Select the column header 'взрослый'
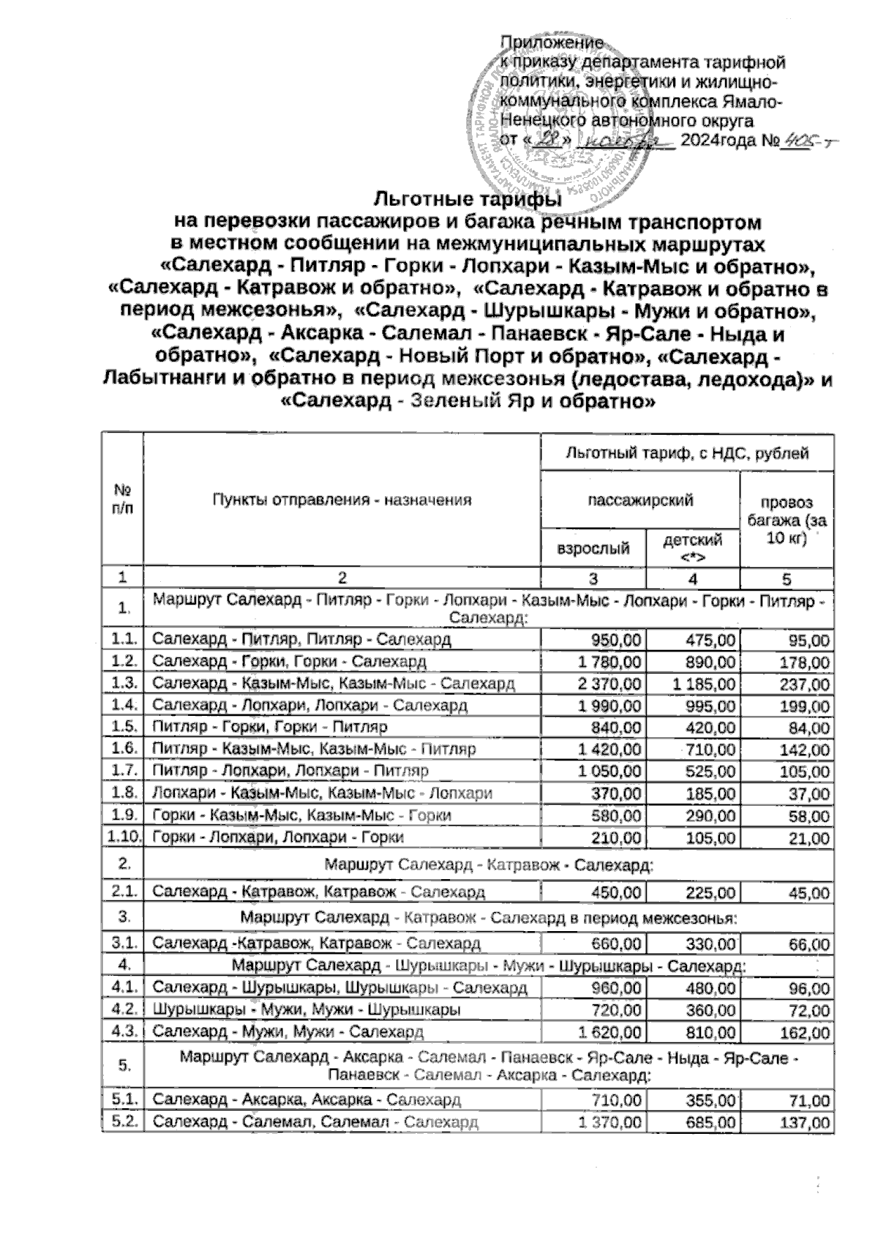pyautogui.click(x=593, y=548)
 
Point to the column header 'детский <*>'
pyautogui.click(x=692, y=548)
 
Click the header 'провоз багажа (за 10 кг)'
pyautogui.click(x=787, y=520)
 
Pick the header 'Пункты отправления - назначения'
pyautogui.click(x=341, y=500)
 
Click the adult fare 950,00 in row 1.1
pyautogui.click(x=617, y=640)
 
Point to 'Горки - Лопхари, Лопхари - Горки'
pyautogui.click(x=278, y=837)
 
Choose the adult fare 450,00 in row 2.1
pyautogui.click(x=617, y=892)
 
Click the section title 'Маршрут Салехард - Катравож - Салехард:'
pyautogui.click(x=488, y=864)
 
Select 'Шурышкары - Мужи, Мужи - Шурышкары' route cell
pyautogui.click(x=307, y=1010)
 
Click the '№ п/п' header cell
pyautogui.click(x=123, y=500)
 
